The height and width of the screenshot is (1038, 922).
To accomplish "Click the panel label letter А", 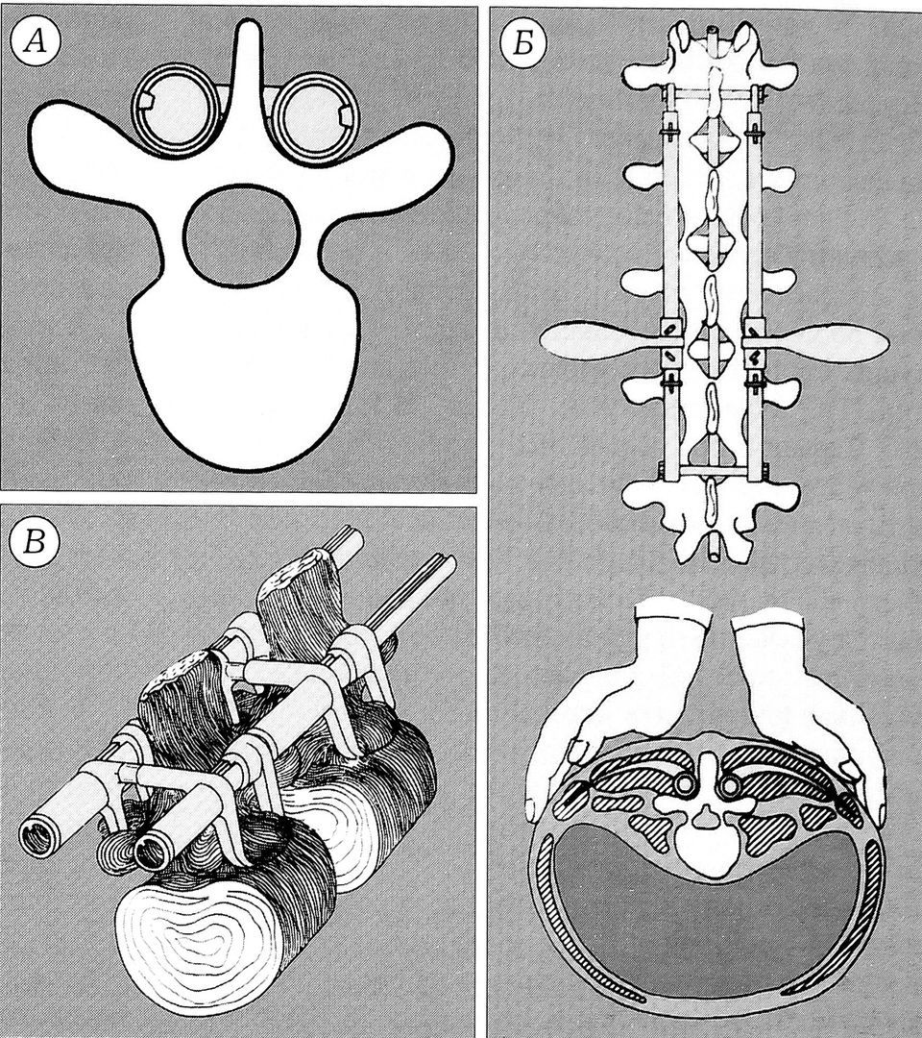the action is (x=35, y=43).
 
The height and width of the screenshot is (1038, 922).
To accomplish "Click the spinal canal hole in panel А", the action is (x=242, y=235).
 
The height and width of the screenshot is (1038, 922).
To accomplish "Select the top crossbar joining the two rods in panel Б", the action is (x=712, y=95).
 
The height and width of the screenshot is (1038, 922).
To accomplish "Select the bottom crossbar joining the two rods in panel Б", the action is (x=713, y=471).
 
